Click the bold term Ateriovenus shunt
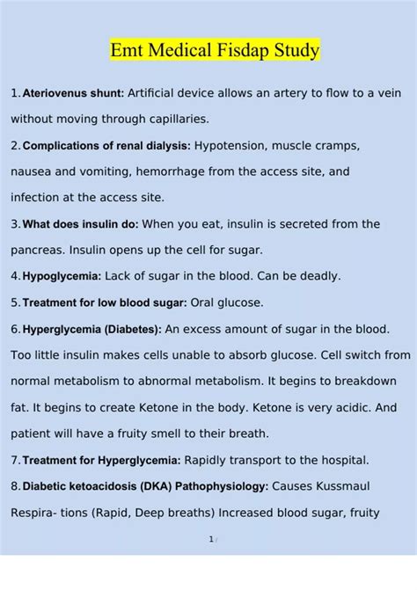click(74, 93)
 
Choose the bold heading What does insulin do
click(79, 225)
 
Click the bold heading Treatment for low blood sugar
click(104, 302)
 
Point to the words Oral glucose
click(227, 302)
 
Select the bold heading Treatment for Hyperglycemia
click(101, 460)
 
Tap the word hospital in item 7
click(343, 460)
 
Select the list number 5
click(14, 302)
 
